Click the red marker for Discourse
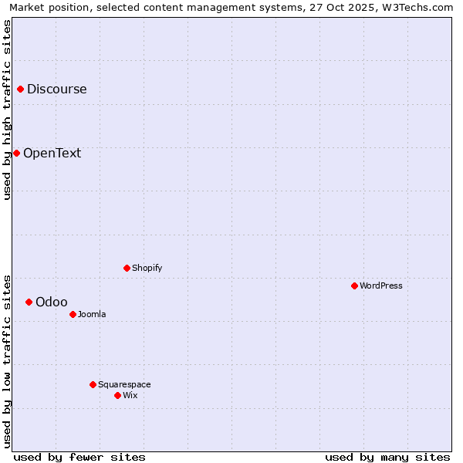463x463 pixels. (x=20, y=89)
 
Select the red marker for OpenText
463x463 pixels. (x=16, y=153)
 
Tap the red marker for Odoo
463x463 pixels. (x=29, y=302)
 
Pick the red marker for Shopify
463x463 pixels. (x=127, y=268)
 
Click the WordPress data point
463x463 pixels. (x=354, y=286)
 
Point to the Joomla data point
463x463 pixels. (x=73, y=314)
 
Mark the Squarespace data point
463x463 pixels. (x=93, y=384)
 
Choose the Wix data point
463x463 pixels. (x=117, y=395)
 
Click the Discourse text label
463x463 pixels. (x=57, y=89)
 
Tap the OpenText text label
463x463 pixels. (x=52, y=153)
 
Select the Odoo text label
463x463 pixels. (x=52, y=302)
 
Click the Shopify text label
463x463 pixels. (x=147, y=268)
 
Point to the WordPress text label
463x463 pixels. (x=380, y=286)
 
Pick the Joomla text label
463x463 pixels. (x=92, y=314)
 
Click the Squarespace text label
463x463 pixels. (x=124, y=384)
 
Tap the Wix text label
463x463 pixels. (x=130, y=395)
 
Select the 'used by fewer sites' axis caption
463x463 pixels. (x=79, y=457)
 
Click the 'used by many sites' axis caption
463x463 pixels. (x=387, y=457)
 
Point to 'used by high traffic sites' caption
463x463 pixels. (x=7, y=110)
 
